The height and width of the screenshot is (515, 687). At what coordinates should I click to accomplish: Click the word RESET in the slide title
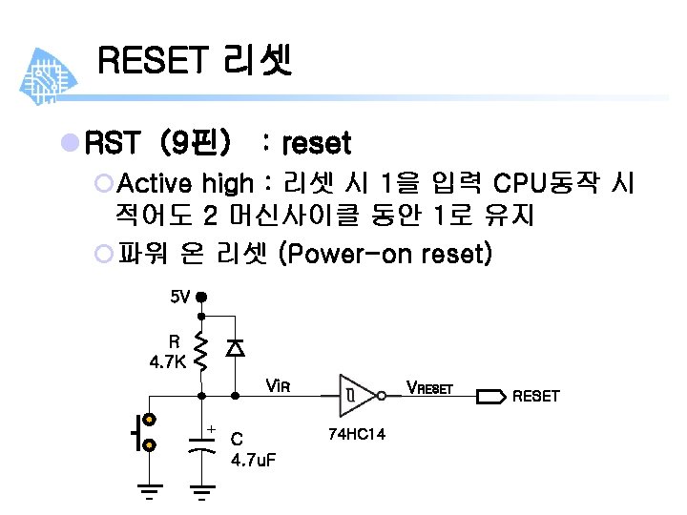pyautogui.click(x=152, y=62)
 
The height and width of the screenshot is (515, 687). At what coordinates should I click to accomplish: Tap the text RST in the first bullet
pyautogui.click(x=113, y=144)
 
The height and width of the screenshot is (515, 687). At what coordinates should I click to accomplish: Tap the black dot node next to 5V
pyautogui.click(x=201, y=297)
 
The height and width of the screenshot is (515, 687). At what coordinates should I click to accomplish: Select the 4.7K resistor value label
pyautogui.click(x=168, y=361)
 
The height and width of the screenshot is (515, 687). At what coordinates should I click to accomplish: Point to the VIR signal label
pyautogui.click(x=277, y=386)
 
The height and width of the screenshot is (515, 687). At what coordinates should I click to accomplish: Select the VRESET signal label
pyautogui.click(x=429, y=387)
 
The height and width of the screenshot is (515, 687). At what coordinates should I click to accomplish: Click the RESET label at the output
pyautogui.click(x=536, y=395)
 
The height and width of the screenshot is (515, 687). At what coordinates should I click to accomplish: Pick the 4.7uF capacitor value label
pyautogui.click(x=253, y=461)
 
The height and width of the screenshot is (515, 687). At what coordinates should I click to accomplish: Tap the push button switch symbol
pyautogui.click(x=145, y=432)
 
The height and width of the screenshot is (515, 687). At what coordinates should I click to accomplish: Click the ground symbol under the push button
pyautogui.click(x=149, y=493)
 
